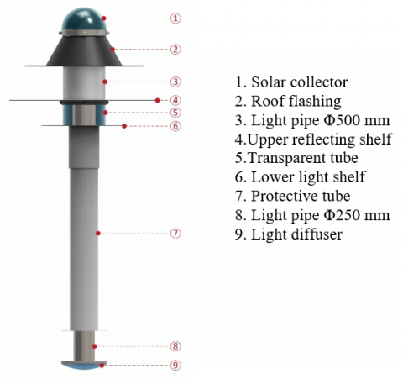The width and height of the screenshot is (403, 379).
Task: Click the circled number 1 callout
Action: pyautogui.click(x=175, y=18)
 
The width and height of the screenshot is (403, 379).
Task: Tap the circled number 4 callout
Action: pyautogui.click(x=175, y=100)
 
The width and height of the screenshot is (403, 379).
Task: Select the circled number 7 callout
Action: pyautogui.click(x=175, y=234)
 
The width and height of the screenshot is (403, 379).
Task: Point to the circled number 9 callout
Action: pyautogui.click(x=175, y=366)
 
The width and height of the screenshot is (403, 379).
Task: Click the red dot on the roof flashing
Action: pyautogui.click(x=113, y=50)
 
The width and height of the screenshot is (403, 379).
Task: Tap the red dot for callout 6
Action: pyautogui.click(x=124, y=126)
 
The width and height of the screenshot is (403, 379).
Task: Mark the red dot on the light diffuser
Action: pyautogui.click(x=102, y=366)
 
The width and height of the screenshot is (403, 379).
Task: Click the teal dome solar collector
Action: pyautogui.click(x=84, y=19)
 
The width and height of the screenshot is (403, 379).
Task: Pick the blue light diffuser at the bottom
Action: pyautogui.click(x=84, y=365)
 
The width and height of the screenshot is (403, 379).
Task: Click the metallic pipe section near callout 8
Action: pyautogui.click(x=84, y=346)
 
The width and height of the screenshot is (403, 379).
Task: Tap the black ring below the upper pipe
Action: pyautogui.click(x=84, y=103)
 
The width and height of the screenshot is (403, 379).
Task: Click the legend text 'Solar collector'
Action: pyautogui.click(x=300, y=82)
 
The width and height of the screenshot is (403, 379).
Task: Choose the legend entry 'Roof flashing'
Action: pyautogui.click(x=296, y=102)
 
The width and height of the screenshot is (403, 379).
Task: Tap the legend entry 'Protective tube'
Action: pyautogui.click(x=301, y=196)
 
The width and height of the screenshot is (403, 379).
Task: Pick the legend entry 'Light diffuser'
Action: pyautogui.click(x=296, y=234)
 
